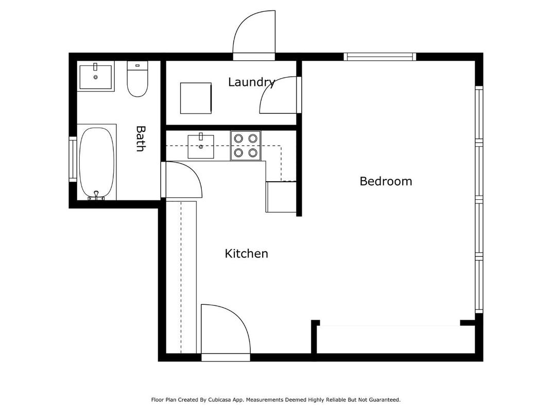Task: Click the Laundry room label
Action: tap(251, 82)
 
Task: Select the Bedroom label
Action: tap(386, 181)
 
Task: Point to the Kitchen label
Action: tap(246, 253)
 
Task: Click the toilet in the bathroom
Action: tap(137, 81)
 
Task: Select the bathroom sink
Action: tap(96, 76)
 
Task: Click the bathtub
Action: tap(96, 162)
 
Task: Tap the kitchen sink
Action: tap(201, 145)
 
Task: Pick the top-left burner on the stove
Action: tap(239, 138)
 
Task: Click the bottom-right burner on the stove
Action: tap(252, 152)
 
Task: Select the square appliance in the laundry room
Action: tap(196, 98)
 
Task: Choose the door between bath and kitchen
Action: tap(184, 180)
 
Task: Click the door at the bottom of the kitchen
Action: tap(225, 330)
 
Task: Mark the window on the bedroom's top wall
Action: tap(380, 57)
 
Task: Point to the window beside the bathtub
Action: tap(73, 159)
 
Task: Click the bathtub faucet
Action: tap(96, 195)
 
